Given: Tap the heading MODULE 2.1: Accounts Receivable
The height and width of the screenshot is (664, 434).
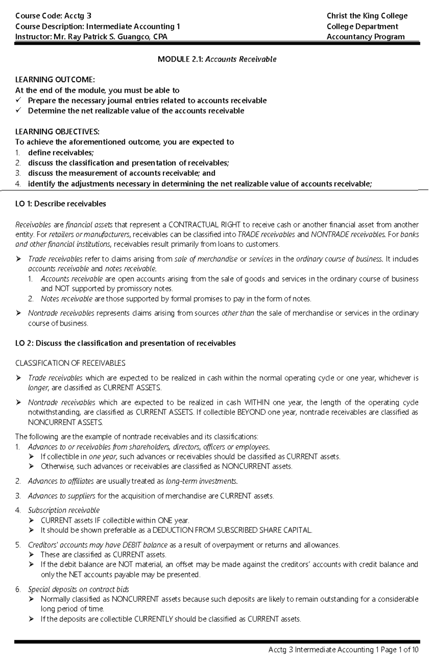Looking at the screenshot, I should [217, 59].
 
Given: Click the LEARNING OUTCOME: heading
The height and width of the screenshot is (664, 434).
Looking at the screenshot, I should [55, 80].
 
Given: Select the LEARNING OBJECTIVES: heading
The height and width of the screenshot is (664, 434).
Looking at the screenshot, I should [57, 131].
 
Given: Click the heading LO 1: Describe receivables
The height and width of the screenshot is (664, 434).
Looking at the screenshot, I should [60, 204].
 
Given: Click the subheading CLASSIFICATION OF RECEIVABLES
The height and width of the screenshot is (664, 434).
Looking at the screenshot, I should [70, 363].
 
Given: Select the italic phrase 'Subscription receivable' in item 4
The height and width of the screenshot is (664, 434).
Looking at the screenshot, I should [64, 510].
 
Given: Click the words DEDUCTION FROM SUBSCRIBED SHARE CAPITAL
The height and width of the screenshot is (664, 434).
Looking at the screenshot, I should [232, 530].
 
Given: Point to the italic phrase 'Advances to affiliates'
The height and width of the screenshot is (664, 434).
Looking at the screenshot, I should [61, 481].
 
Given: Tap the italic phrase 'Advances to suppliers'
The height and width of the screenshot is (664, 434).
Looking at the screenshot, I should [61, 496].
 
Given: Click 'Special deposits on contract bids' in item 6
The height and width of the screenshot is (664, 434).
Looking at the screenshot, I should [78, 589].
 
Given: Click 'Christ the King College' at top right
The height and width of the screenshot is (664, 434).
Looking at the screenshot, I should [367, 16].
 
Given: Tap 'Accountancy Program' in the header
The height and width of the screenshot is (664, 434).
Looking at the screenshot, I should [365, 37].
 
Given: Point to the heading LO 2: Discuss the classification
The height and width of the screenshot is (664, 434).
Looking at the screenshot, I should [125, 343].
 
